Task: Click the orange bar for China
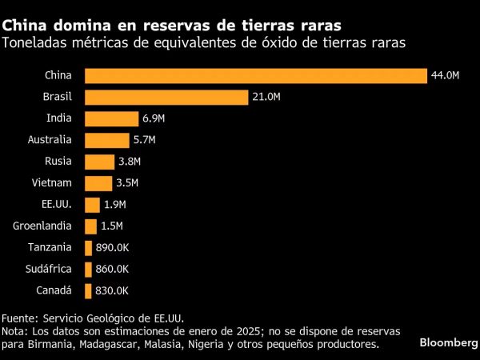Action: click(255, 75)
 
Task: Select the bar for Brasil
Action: click(166, 97)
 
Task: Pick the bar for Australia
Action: click(106, 140)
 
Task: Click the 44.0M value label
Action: click(445, 75)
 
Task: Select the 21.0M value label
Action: click(266, 97)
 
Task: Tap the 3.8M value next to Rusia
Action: click(130, 162)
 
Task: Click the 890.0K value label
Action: click(111, 248)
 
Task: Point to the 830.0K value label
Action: click(111, 291)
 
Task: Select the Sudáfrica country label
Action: click(49, 270)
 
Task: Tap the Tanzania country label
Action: click(50, 248)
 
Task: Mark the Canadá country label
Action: click(54, 291)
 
